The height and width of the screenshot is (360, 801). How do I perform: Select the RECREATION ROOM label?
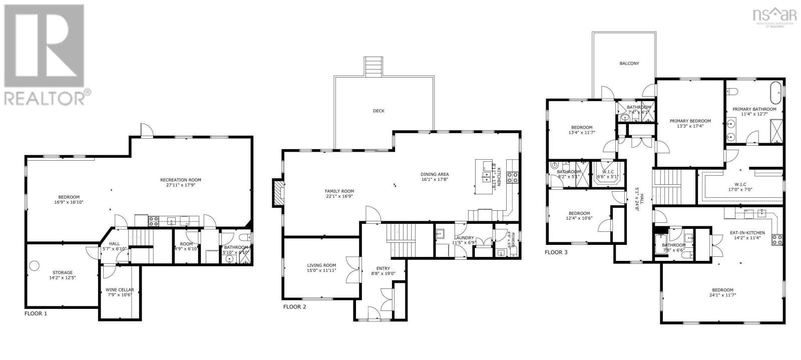tap(181, 180)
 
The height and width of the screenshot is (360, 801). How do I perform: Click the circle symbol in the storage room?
tap(34, 265)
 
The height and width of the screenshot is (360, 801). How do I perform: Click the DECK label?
tap(378, 111)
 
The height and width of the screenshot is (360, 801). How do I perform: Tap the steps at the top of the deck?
tap(373, 66)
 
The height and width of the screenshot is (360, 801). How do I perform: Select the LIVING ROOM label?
tap(321, 265)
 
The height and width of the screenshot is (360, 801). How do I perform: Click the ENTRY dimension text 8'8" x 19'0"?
tap(383, 273)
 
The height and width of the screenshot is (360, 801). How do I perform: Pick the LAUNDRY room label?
tap(464, 238)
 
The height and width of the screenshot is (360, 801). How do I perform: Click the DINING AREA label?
tap(435, 174)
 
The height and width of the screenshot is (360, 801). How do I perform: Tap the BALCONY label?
tap(629, 64)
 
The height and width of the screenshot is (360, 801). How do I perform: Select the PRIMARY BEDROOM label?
tap(690, 121)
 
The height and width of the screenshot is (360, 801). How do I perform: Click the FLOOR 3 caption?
tap(556, 252)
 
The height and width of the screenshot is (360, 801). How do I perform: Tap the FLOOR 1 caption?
tap(36, 313)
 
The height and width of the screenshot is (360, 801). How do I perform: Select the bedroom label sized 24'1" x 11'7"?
tap(722, 290)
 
